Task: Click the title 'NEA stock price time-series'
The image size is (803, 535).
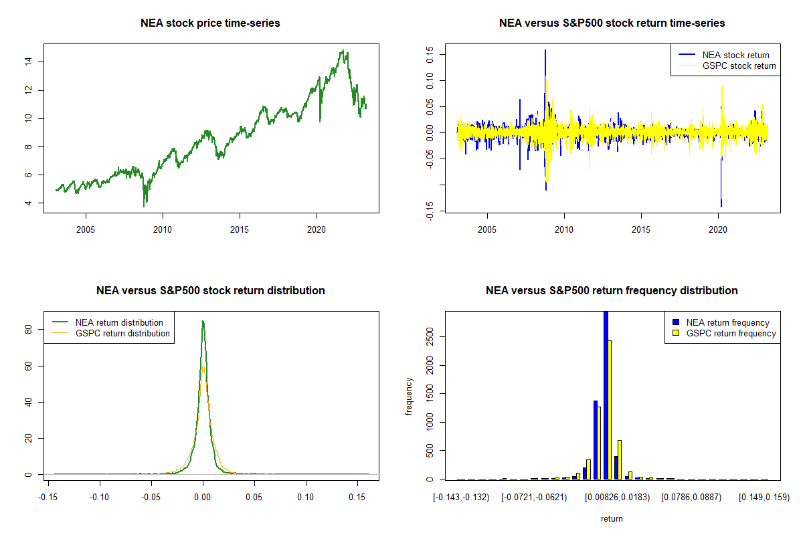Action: coord(210,23)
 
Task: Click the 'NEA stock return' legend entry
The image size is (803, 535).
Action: coord(735,55)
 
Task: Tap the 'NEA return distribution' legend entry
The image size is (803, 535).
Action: coord(119,322)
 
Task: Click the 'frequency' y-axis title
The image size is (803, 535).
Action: coord(410,396)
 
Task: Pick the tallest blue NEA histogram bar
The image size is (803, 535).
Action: coord(606,395)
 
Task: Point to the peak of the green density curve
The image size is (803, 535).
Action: coord(203,322)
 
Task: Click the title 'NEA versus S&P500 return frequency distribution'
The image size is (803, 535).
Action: coord(612,291)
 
